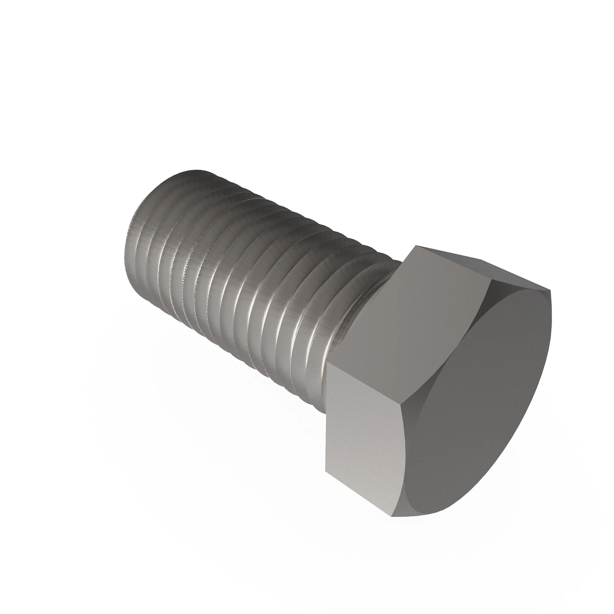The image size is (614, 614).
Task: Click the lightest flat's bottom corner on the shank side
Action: pyautogui.click(x=324, y=471)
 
